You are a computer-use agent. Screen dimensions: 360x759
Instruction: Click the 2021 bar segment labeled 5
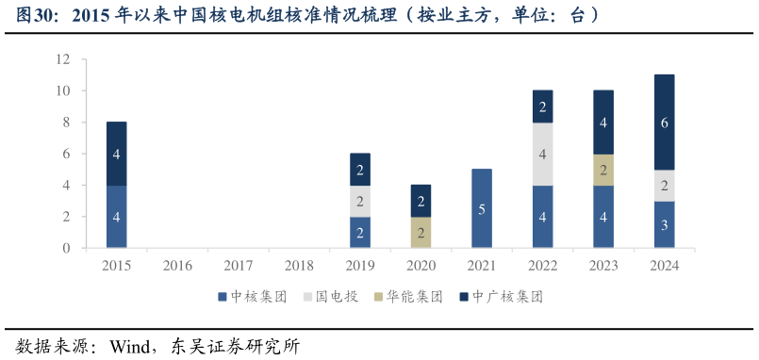[482, 208]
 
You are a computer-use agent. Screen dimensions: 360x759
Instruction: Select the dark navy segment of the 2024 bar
[664, 123]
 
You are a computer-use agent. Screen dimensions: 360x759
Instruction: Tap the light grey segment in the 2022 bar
[542, 154]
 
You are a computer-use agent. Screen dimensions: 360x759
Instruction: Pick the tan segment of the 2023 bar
[602, 170]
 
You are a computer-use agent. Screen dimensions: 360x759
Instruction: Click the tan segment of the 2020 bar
[421, 232]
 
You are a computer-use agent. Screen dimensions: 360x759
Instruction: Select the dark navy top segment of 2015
[117, 154]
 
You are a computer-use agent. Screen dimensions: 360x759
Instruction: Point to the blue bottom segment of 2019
[360, 232]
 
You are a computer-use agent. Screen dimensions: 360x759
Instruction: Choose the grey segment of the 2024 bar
[664, 186]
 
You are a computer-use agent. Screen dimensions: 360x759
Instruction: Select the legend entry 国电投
[330, 296]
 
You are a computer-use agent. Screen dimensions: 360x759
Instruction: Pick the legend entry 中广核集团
[502, 296]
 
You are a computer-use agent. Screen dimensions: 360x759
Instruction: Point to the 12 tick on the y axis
[64, 59]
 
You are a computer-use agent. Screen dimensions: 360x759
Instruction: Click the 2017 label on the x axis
[239, 266]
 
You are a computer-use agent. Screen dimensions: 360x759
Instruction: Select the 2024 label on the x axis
[664, 266]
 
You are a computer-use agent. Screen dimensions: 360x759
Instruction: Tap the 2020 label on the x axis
[421, 266]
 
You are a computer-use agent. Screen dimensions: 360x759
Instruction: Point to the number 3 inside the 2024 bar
[664, 225]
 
